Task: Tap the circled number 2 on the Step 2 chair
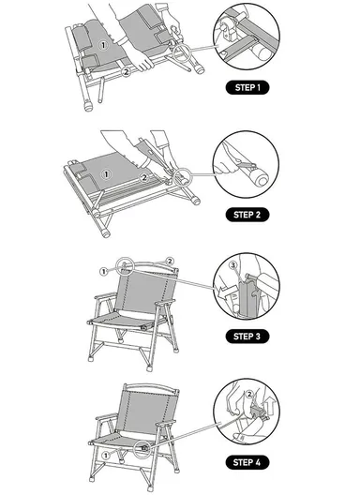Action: [x=143, y=177]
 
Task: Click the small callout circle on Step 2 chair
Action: [x=178, y=173]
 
